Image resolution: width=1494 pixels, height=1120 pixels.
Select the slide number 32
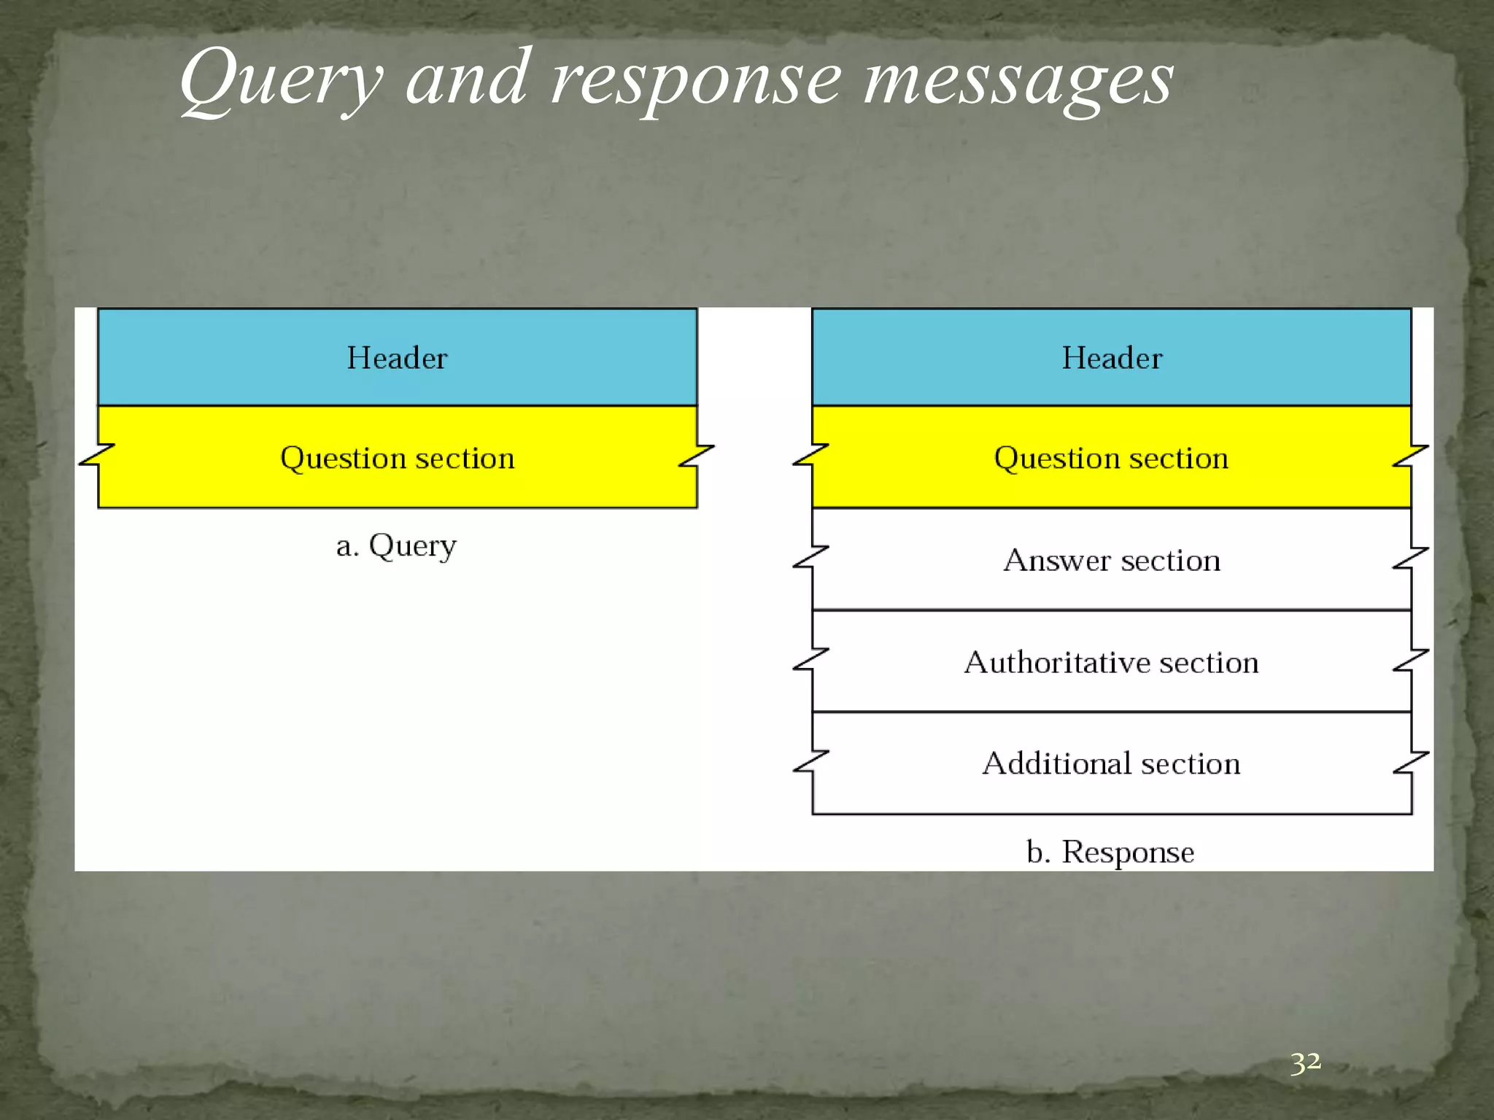point(1305,1062)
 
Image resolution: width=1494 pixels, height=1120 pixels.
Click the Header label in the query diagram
point(397,358)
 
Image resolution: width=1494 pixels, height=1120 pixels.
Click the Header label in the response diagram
point(1112,358)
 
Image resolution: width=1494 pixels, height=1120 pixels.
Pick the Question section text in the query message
point(398,459)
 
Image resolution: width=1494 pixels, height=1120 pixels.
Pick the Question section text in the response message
point(1111,459)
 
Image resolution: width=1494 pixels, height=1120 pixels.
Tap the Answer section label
point(1112,561)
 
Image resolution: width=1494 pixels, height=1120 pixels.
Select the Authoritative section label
point(1111,663)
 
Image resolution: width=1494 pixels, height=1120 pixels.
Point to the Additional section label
point(1111,764)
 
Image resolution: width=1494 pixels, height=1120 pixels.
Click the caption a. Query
point(396,546)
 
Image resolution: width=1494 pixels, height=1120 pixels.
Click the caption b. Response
point(1110,852)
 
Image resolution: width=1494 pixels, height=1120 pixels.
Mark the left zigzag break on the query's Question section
point(97,455)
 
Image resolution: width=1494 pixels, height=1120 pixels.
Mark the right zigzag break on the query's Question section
point(697,455)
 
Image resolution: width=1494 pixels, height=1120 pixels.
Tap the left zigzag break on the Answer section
point(811,557)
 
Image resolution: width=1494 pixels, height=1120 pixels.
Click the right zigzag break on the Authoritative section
point(1411,659)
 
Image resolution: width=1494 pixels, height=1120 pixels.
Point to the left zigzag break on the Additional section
point(811,761)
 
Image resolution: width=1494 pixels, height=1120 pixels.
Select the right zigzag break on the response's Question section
point(1411,455)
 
